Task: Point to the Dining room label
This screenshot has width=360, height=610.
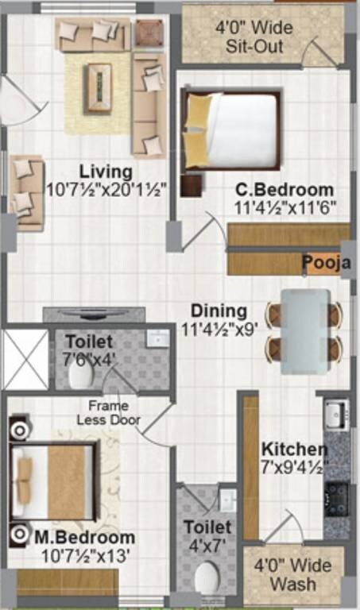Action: [x=219, y=311]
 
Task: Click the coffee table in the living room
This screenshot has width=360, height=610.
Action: [x=99, y=78]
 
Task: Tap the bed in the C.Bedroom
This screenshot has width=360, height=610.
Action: [x=233, y=131]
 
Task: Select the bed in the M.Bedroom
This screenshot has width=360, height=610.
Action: [x=54, y=482]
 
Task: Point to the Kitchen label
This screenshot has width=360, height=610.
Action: [x=294, y=449]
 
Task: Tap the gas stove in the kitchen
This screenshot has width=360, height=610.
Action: [x=336, y=499]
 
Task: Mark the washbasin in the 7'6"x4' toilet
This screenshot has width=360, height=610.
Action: [x=157, y=339]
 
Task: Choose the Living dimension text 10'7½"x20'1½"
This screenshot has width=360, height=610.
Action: [x=105, y=191]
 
